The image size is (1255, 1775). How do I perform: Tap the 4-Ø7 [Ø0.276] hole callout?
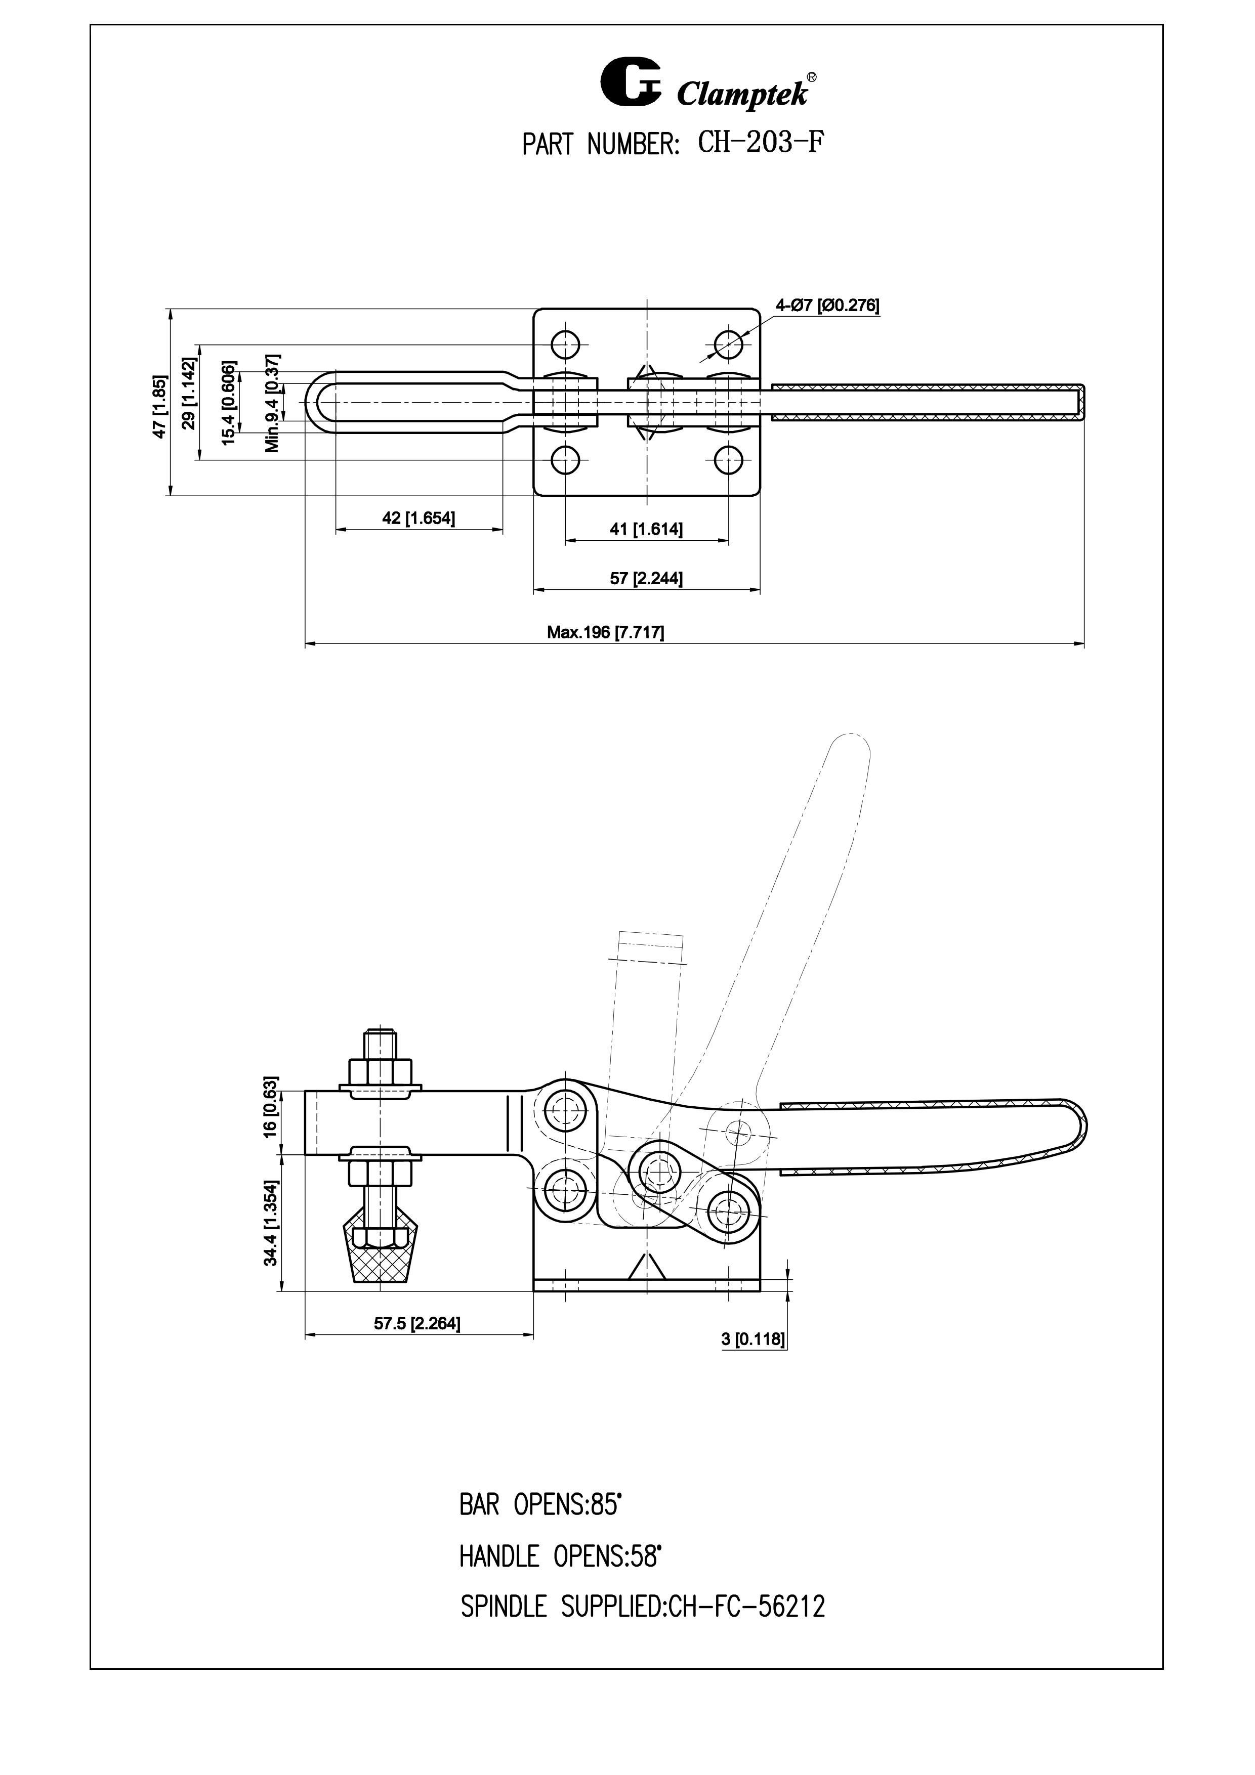coord(827,306)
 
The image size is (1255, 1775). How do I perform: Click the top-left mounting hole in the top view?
coord(565,343)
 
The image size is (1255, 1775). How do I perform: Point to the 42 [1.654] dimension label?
coord(419,518)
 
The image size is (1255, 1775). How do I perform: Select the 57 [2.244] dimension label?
coord(646,578)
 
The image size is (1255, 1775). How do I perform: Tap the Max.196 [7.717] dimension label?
coord(605,632)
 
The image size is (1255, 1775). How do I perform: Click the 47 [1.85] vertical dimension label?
coord(159,407)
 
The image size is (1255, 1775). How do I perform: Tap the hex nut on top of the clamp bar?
coord(381,1071)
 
